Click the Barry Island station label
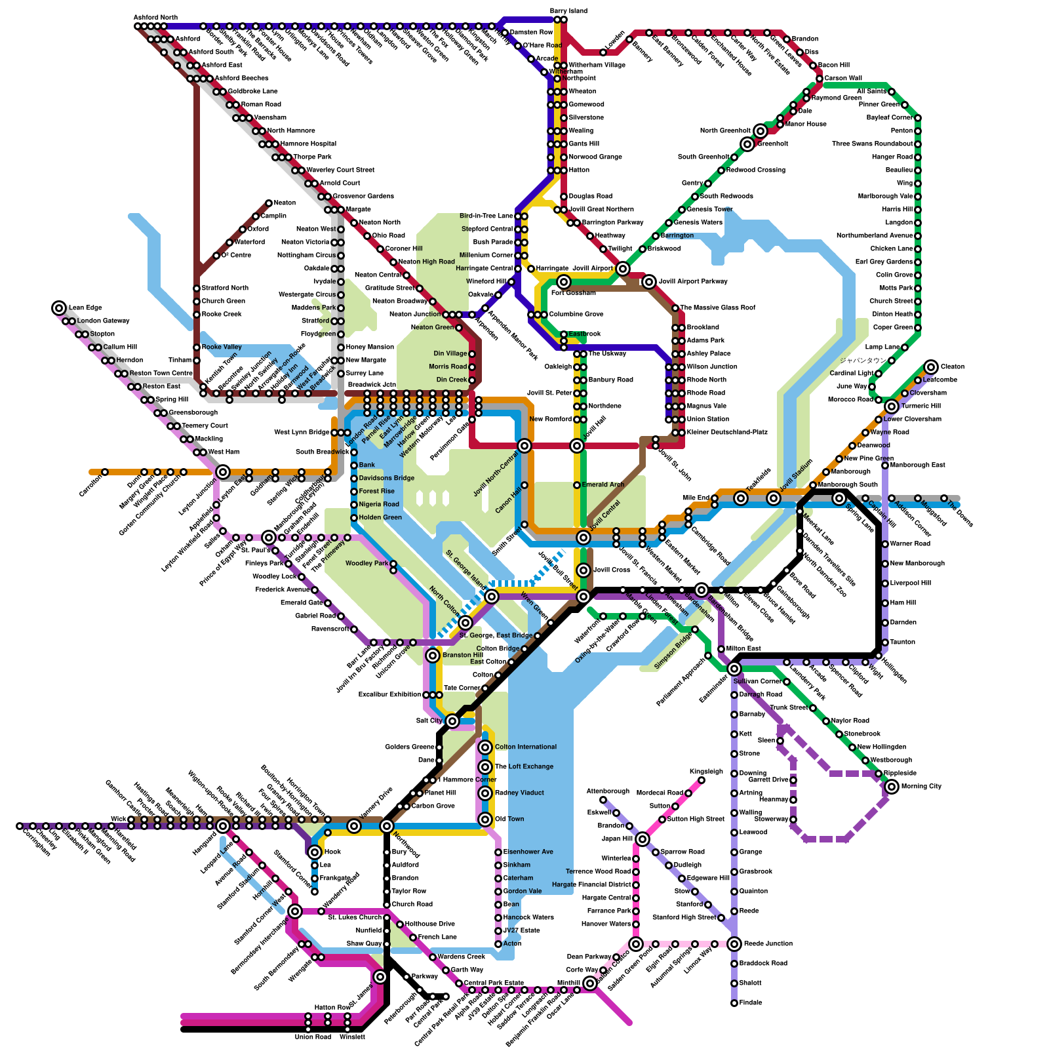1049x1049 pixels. click(568, 11)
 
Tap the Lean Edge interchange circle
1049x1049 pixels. click(59, 307)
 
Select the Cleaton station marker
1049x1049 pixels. click(931, 366)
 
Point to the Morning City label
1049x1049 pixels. click(921, 786)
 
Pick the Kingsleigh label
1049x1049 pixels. click(706, 772)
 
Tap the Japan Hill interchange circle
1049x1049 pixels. click(643, 839)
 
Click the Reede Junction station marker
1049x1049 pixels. click(734, 944)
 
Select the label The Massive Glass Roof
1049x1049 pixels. click(718, 307)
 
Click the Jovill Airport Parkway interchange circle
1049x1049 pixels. click(649, 282)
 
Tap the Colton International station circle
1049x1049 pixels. click(485, 747)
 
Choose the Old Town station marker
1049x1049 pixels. click(485, 820)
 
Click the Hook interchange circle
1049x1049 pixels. click(315, 852)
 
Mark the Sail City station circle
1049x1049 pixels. click(452, 721)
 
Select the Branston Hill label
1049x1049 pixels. click(463, 655)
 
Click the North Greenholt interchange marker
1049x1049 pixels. click(761, 131)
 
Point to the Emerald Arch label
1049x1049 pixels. click(603, 485)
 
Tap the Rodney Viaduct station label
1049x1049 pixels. click(519, 793)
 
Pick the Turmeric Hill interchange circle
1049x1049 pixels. click(892, 406)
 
